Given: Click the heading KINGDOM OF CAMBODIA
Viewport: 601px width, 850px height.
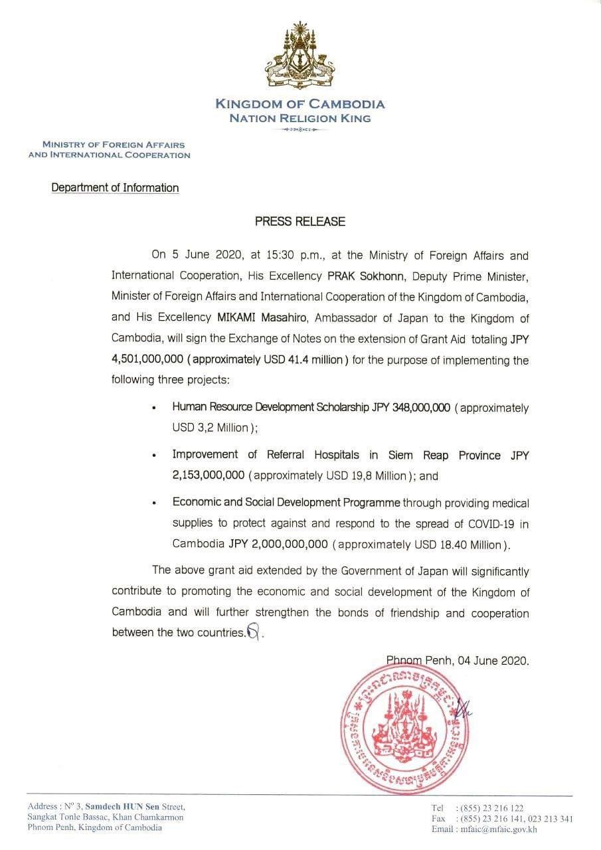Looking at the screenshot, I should [300, 104].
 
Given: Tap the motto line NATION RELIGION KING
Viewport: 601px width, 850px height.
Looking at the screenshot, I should [300, 118].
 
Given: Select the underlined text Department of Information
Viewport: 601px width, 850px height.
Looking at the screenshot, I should [116, 188].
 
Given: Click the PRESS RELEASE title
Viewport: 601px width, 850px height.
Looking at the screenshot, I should [300, 222].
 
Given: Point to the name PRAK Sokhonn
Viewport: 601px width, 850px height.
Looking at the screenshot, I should [359, 275].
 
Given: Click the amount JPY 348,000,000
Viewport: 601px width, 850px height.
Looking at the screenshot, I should [412, 407].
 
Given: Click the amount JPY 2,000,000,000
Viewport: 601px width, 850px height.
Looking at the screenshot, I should [278, 544].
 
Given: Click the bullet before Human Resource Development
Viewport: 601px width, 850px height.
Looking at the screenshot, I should [154, 408].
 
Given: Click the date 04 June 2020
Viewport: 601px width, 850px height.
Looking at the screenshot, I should [491, 661].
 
